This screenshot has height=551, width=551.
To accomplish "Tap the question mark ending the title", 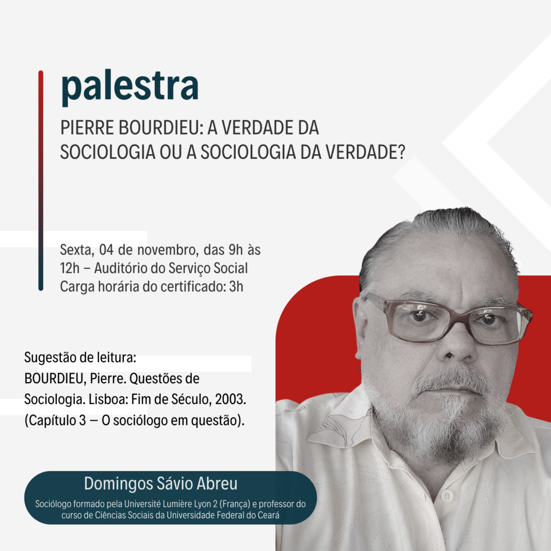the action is coord(402,152).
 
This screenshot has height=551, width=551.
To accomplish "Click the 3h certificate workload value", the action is coord(236,286).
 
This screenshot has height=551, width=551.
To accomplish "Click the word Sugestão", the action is coord(50,358).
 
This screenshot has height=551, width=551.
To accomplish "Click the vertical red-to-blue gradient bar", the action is coord(41,181).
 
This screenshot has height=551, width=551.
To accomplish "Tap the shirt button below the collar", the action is coord(447,496).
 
